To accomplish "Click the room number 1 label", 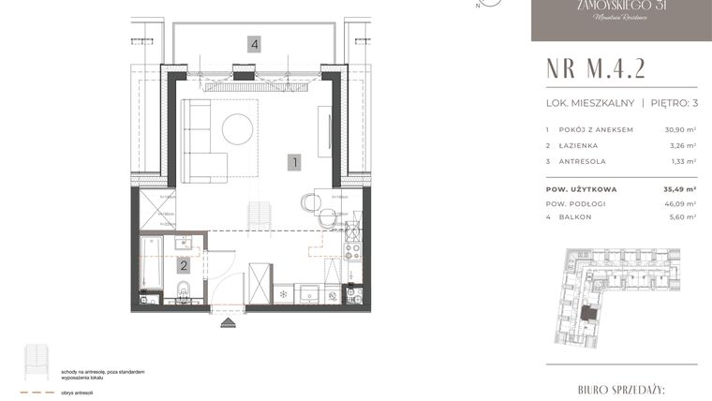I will tap(294, 162).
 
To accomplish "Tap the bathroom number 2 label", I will tap(184, 266).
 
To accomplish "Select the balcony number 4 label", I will tap(254, 43).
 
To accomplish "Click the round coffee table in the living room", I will tap(236, 129).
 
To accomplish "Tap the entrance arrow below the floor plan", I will tap(227, 324).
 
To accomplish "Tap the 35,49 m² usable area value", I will tap(680, 188).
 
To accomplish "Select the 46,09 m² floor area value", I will tap(681, 202).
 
